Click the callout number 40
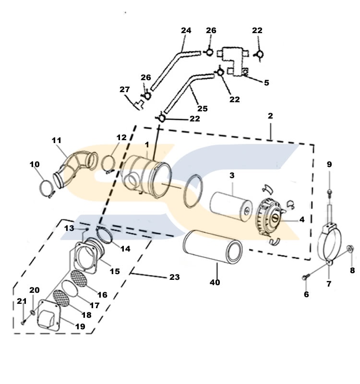(215, 282)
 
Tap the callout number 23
(175, 277)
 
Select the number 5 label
(266, 83)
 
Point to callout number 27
(125, 89)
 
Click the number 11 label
(57, 140)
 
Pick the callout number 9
(329, 164)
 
